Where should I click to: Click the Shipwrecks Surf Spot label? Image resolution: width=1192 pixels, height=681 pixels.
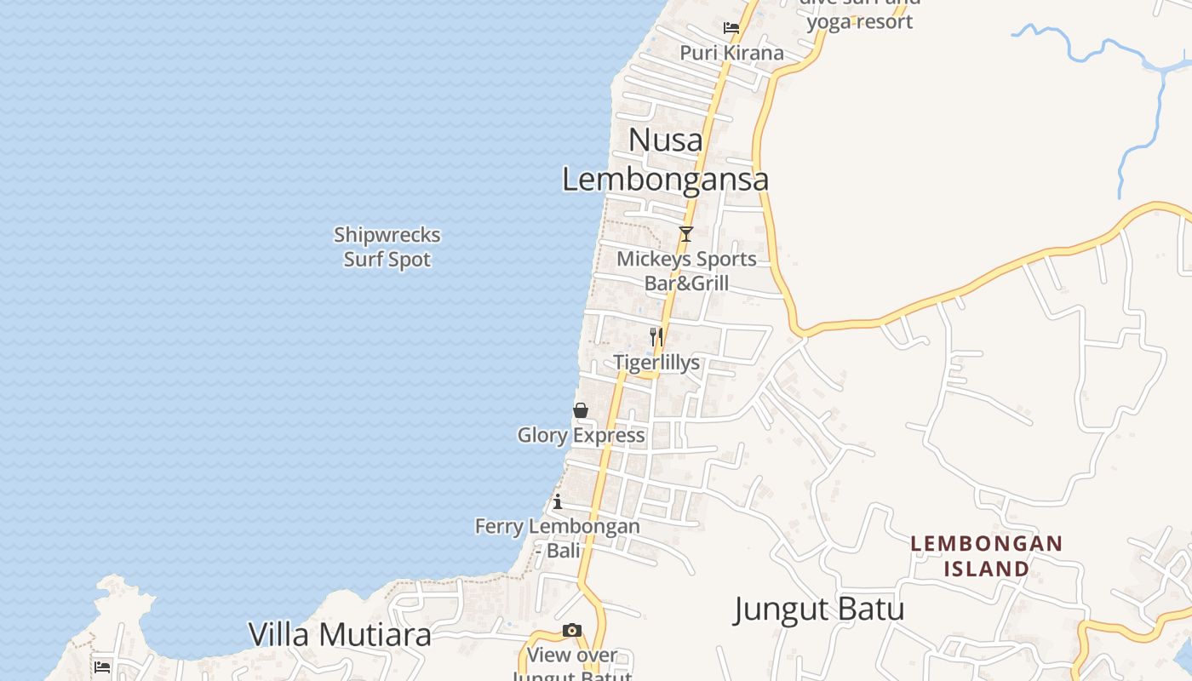387,247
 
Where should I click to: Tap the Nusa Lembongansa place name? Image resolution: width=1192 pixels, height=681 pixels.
666,160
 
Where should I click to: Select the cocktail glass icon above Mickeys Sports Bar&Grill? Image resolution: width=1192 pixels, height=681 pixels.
685,233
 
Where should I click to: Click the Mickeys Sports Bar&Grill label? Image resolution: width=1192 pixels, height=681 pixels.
686,271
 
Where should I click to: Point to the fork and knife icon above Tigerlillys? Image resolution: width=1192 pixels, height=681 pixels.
656,336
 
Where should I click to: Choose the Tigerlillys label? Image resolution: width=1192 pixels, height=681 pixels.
656,363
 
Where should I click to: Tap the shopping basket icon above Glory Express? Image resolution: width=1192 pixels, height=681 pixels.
581,410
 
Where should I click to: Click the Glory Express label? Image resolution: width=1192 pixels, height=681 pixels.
581,436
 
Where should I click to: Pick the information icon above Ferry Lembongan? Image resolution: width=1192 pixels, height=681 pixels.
558,501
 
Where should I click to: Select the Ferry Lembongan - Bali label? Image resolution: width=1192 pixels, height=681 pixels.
558,538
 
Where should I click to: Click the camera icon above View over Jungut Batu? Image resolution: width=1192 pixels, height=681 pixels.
572,631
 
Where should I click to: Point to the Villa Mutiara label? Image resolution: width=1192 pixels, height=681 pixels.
340,634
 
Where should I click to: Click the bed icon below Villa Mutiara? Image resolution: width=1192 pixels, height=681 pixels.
103,667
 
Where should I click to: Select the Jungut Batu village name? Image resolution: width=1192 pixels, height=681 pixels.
818,609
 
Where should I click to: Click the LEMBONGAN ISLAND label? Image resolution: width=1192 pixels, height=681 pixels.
987,555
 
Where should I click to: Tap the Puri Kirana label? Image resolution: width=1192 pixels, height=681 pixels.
731,53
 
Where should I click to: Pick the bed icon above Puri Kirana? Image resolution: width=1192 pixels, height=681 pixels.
731,27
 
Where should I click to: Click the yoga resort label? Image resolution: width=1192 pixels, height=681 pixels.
860,20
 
